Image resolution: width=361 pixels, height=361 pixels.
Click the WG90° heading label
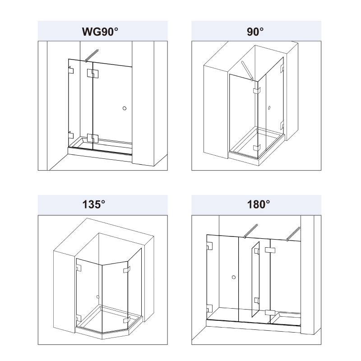[x=100, y=32]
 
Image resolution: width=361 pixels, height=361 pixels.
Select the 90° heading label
[x=255, y=32]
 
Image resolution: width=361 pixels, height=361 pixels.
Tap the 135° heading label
[x=94, y=204]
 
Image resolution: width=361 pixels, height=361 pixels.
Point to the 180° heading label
[x=258, y=204]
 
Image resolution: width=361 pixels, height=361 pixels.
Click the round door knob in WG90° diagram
[x=125, y=108]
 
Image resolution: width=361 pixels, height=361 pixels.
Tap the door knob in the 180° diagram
[x=234, y=277]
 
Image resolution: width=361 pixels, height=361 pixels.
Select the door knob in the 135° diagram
[x=98, y=297]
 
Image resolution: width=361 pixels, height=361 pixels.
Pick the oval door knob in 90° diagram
[x=269, y=107]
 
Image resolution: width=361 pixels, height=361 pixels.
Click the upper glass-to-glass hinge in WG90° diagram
[x=93, y=74]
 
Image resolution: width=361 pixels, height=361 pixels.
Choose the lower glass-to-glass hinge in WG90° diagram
[x=93, y=138]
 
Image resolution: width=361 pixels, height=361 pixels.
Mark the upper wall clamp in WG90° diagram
[x=71, y=70]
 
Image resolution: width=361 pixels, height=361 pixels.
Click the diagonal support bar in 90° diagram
[x=247, y=71]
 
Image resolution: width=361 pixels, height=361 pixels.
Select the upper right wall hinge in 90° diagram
[x=282, y=69]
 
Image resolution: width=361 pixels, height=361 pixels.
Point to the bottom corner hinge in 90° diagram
[x=257, y=148]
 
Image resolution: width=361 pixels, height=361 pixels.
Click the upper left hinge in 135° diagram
[x=79, y=268]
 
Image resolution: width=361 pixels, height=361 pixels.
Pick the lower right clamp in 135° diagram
[x=127, y=320]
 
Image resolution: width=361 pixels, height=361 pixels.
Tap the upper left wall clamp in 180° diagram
[x=209, y=246]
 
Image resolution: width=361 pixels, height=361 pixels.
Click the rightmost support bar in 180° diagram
[x=293, y=234]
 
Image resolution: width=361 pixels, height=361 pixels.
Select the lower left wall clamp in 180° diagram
[x=209, y=309]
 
